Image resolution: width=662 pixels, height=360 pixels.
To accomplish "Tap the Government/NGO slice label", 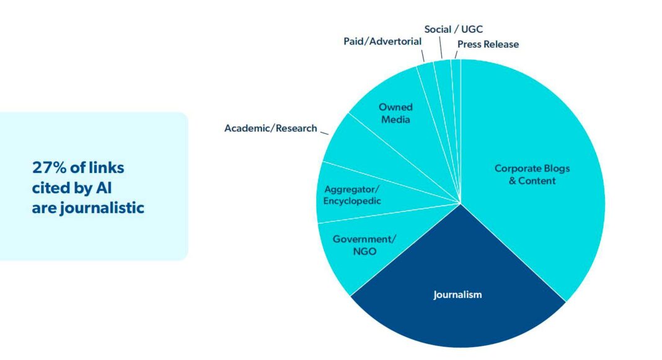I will click(x=364, y=245).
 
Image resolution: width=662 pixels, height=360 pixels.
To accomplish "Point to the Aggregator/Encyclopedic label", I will click(x=351, y=195).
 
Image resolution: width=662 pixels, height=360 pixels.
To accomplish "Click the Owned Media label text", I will click(x=395, y=113).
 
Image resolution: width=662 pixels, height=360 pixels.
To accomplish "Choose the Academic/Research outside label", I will click(x=270, y=128).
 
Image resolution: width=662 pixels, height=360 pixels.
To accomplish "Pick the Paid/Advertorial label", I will click(x=382, y=41).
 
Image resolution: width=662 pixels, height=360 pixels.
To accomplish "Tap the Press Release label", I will click(x=488, y=44).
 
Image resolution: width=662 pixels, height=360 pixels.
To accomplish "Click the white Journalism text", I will click(x=457, y=294).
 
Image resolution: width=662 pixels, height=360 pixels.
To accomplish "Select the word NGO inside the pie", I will click(x=364, y=251).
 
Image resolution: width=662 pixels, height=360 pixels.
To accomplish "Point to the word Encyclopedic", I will click(x=351, y=201).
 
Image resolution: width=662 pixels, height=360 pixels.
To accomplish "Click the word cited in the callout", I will click(x=51, y=188).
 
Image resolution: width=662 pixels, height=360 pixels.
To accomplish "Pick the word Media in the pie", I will click(x=395, y=119).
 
